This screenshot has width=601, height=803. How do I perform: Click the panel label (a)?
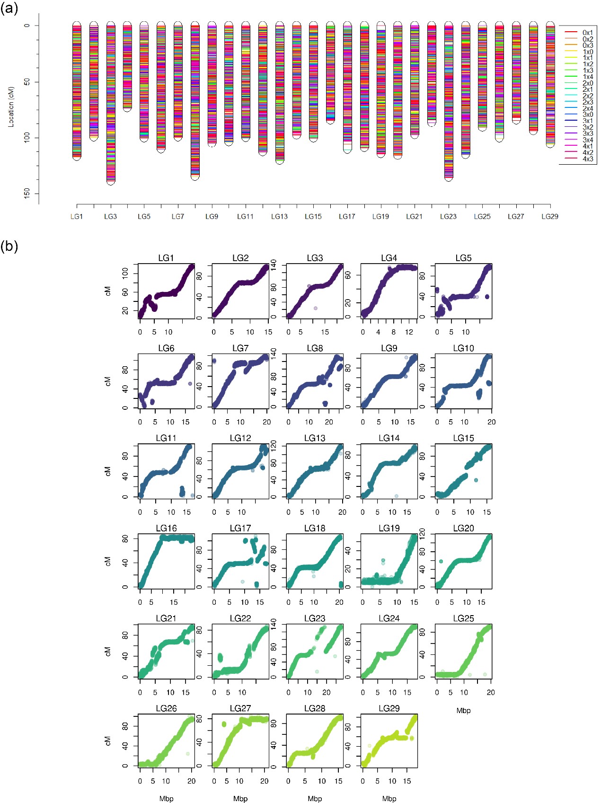click(9, 9)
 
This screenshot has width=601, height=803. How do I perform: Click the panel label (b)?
click(9, 247)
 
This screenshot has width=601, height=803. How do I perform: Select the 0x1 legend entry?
click(587, 33)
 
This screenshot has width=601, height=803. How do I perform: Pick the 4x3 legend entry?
click(587, 159)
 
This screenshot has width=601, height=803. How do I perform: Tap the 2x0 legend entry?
click(587, 83)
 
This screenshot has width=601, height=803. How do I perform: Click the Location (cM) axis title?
click(11, 106)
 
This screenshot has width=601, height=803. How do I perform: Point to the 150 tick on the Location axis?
click(27, 193)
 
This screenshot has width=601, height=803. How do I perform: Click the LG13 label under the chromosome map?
click(279, 217)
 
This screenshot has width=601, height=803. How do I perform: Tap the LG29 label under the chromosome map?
click(549, 217)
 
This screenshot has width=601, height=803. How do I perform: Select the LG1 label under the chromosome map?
click(77, 217)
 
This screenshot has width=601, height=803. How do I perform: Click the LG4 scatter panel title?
click(389, 258)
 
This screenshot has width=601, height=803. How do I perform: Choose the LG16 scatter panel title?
click(166, 528)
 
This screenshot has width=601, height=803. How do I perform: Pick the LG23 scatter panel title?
click(315, 618)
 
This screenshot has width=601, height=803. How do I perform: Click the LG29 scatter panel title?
click(389, 708)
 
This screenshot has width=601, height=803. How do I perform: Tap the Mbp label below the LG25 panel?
click(463, 711)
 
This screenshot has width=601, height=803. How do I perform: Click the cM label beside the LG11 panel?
click(108, 471)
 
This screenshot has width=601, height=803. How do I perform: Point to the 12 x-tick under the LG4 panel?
click(409, 332)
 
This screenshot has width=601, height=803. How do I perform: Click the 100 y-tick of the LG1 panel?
click(125, 273)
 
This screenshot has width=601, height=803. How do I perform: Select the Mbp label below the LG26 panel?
click(166, 799)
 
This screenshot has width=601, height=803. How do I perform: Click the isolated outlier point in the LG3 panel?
click(315, 308)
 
